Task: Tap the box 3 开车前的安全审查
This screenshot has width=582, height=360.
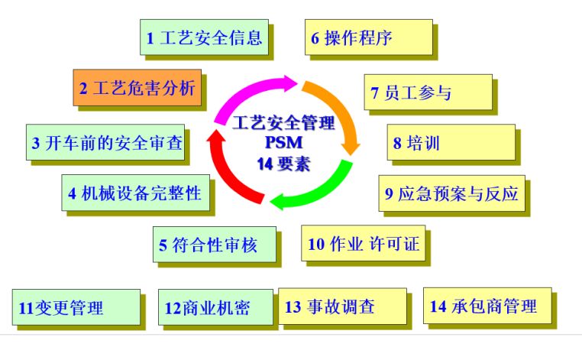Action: [x=105, y=142]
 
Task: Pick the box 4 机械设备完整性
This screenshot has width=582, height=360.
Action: [x=134, y=193]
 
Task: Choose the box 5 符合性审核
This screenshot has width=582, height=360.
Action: [x=213, y=245]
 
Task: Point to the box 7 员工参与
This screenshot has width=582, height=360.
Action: [x=425, y=92]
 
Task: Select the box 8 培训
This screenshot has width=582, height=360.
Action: [x=449, y=142]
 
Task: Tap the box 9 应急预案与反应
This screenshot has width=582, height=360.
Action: [x=451, y=193]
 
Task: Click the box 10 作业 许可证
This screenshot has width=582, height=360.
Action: [x=364, y=244]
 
